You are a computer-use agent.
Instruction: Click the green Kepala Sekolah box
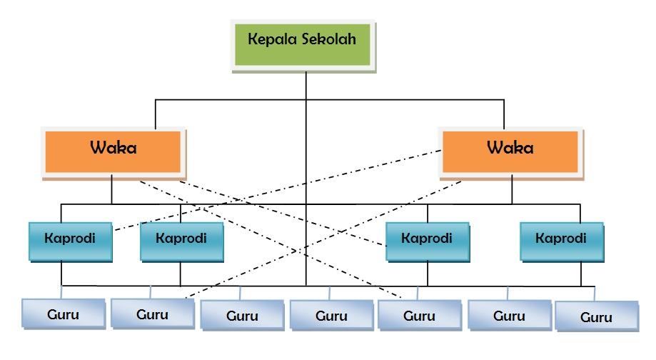[x=303, y=45]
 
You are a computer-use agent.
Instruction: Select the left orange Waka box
[x=113, y=151]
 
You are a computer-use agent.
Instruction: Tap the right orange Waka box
[x=510, y=151]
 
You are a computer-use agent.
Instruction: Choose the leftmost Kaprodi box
[x=71, y=240]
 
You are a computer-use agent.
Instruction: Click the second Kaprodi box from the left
[x=181, y=240]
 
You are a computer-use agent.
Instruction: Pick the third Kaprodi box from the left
[x=428, y=240]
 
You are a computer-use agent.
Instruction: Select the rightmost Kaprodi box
[x=561, y=240]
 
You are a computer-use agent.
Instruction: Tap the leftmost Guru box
[x=62, y=314]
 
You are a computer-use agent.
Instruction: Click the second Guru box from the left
[x=152, y=314]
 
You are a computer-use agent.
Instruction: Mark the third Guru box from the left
[x=242, y=316]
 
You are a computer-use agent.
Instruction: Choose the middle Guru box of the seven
[x=331, y=316]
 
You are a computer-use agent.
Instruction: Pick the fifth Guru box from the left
[x=419, y=316]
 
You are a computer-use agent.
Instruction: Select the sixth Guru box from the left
[x=509, y=316]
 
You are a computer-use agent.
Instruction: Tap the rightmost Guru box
[x=597, y=318]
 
